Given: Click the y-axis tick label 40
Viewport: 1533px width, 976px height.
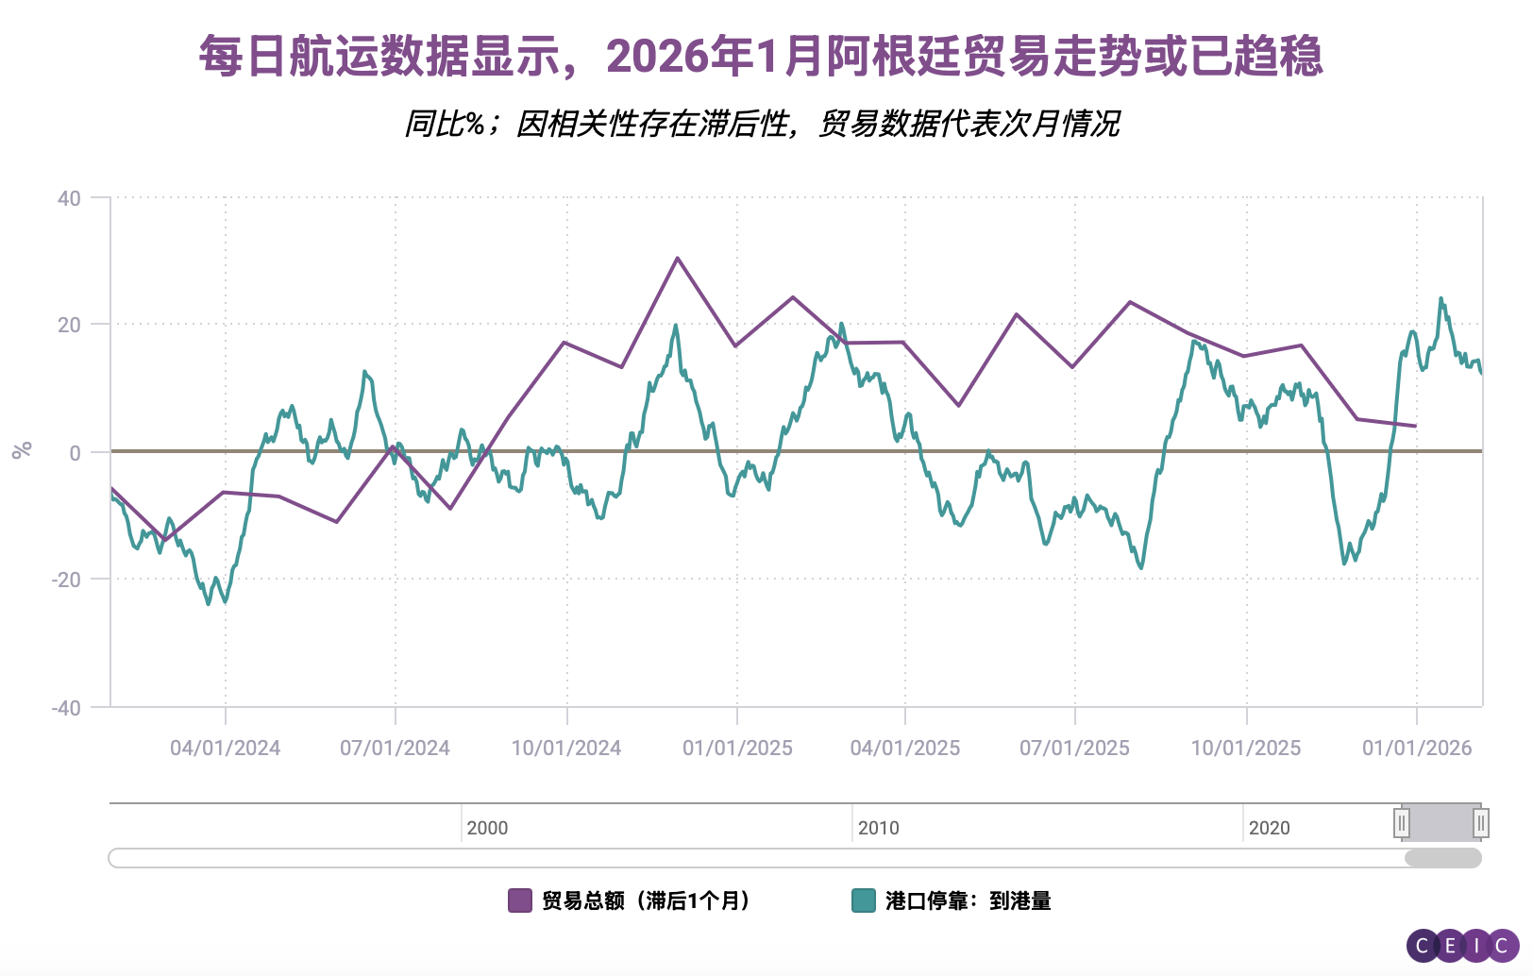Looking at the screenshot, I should (x=69, y=198).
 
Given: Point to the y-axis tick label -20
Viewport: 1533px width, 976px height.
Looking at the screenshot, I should (x=66, y=580).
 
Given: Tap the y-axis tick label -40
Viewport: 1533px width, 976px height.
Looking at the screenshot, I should (x=66, y=708).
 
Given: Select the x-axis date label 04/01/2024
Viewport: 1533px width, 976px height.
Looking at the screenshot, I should (x=225, y=749).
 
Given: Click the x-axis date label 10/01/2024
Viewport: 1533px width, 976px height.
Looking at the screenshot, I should (x=566, y=749).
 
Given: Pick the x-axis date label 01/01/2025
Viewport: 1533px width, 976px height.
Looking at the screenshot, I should (x=737, y=749).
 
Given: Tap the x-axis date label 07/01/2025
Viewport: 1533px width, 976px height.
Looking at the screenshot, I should (x=1074, y=749).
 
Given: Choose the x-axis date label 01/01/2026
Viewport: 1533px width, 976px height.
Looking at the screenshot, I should (x=1417, y=749).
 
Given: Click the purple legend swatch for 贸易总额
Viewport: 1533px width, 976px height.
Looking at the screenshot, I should (x=520, y=900).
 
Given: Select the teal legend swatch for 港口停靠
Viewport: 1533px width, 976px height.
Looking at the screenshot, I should (x=864, y=900).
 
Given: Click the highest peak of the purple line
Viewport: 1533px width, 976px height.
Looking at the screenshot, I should (x=678, y=258).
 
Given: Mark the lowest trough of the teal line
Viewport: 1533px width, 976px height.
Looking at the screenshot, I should (x=209, y=603).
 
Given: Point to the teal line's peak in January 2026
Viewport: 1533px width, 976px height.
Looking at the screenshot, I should (x=1440, y=299).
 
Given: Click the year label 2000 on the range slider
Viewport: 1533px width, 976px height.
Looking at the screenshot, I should (x=487, y=828).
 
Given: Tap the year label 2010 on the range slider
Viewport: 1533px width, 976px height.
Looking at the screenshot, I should (x=878, y=828).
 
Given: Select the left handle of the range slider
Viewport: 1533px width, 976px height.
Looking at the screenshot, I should (x=1402, y=823).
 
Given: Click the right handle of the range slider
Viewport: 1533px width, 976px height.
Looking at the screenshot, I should (x=1481, y=823).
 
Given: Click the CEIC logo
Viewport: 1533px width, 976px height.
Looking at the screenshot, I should (x=1462, y=945).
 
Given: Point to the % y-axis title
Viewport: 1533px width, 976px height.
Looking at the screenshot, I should (x=22, y=450).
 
